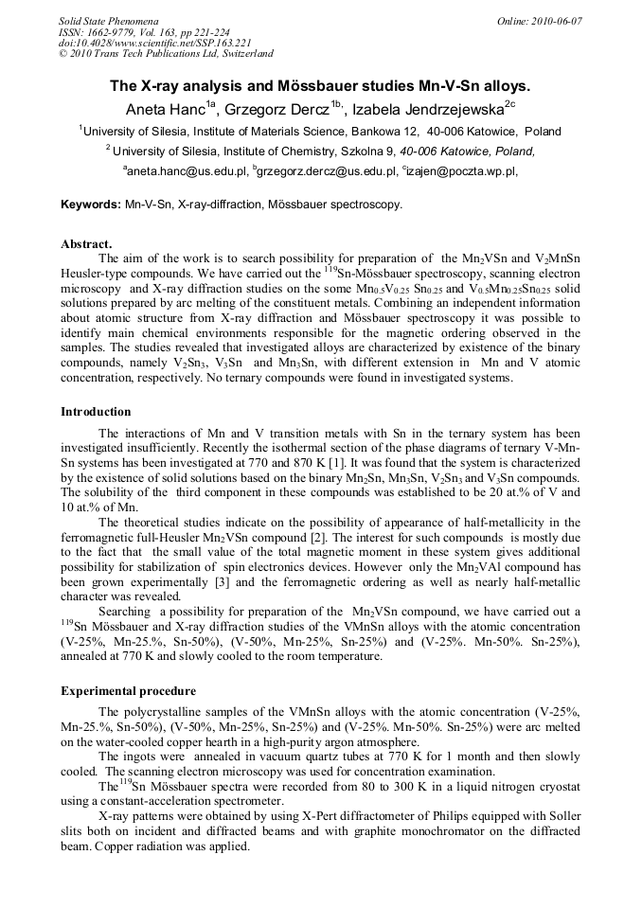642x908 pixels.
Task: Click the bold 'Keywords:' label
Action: (x=91, y=204)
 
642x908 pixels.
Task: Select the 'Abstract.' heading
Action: (x=86, y=243)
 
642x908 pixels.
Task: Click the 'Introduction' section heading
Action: (x=96, y=412)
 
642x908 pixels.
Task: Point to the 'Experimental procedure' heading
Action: (x=128, y=691)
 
